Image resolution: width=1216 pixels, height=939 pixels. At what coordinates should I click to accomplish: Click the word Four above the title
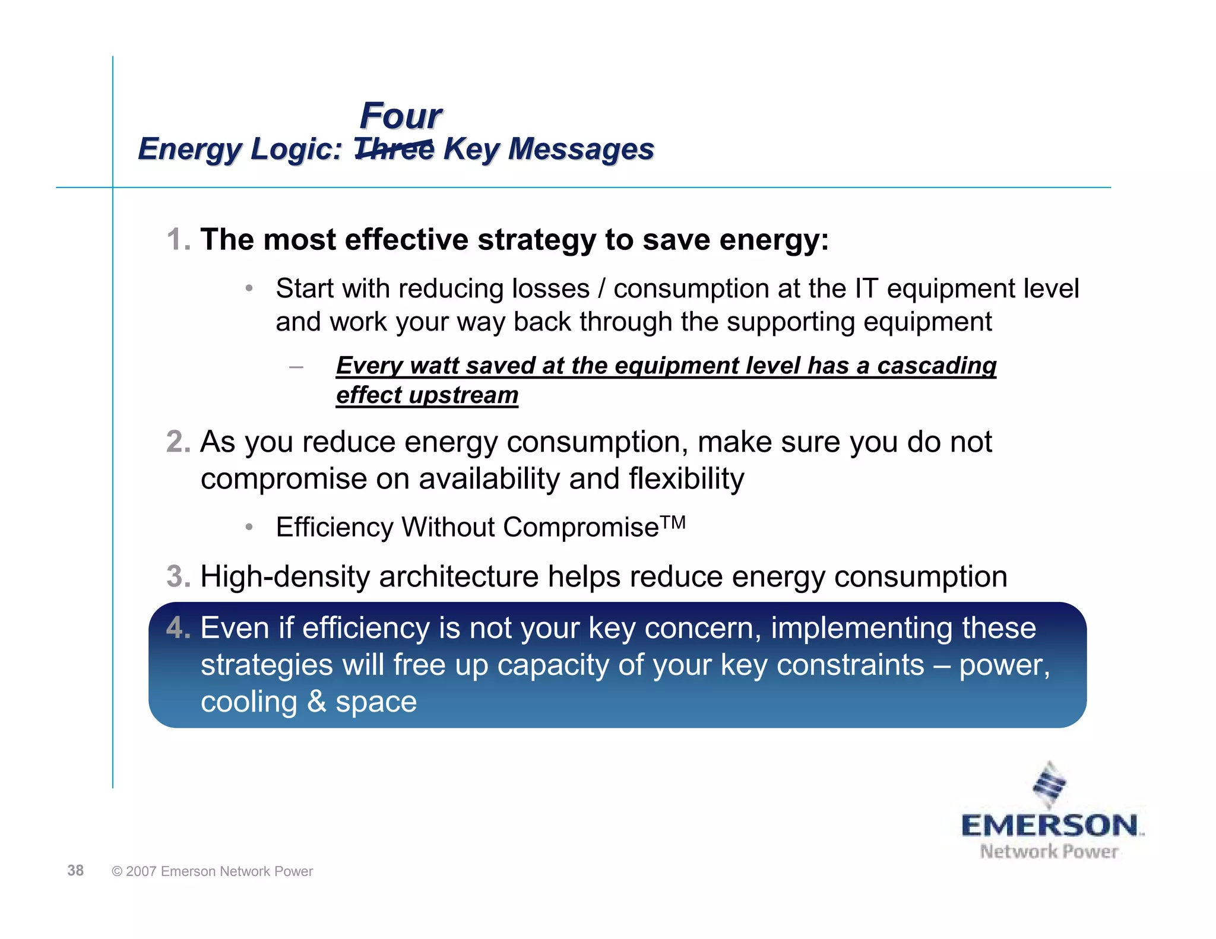pyautogui.click(x=401, y=116)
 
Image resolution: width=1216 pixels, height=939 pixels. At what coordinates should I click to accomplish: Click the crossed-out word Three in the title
pyautogui.click(x=394, y=148)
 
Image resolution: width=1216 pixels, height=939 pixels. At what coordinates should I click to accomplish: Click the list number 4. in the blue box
pyautogui.click(x=178, y=628)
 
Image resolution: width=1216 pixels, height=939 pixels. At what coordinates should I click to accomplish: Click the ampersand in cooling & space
pyautogui.click(x=316, y=702)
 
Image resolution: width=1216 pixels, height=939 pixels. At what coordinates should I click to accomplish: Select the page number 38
pyautogui.click(x=75, y=871)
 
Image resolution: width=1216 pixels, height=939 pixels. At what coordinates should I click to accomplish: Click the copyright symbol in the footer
pyautogui.click(x=117, y=871)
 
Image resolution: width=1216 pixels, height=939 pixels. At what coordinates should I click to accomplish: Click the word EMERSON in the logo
pyautogui.click(x=1050, y=826)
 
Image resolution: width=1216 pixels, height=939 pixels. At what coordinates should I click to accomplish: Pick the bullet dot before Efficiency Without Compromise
pyautogui.click(x=249, y=527)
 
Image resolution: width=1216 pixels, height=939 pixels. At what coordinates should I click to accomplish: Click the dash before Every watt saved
pyautogui.click(x=296, y=367)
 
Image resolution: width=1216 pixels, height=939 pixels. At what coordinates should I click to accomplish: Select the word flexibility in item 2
pyautogui.click(x=686, y=479)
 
